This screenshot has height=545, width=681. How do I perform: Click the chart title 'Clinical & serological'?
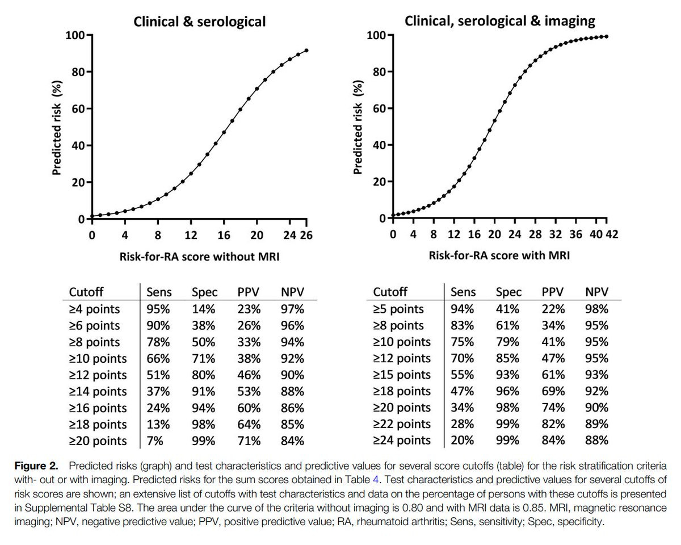[199, 22]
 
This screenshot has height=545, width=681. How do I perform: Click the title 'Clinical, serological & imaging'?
[499, 21]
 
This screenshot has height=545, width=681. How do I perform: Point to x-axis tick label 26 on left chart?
[306, 235]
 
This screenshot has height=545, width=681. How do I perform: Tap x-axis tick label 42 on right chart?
[612, 234]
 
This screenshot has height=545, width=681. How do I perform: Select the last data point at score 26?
[306, 51]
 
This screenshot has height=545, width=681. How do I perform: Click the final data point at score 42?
[607, 36]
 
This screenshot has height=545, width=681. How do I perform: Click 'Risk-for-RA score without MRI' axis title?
[199, 257]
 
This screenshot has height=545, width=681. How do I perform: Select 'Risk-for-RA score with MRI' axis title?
[499, 255]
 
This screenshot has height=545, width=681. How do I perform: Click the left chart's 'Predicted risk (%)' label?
[56, 128]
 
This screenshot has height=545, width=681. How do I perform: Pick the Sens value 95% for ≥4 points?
[158, 309]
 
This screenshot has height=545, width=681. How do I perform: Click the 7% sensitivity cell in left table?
[155, 441]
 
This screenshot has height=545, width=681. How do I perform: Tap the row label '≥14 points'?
[98, 392]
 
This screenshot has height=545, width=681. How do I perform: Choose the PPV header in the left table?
[249, 292]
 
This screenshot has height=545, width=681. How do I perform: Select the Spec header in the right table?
[508, 292]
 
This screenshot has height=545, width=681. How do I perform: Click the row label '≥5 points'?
[398, 309]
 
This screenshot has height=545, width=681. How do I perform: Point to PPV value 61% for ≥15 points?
[553, 375]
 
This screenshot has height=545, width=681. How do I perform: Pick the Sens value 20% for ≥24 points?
[463, 440]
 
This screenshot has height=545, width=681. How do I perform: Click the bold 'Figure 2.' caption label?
[36, 466]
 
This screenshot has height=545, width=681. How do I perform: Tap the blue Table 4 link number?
[376, 480]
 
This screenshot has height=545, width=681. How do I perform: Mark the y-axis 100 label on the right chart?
[376, 35]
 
